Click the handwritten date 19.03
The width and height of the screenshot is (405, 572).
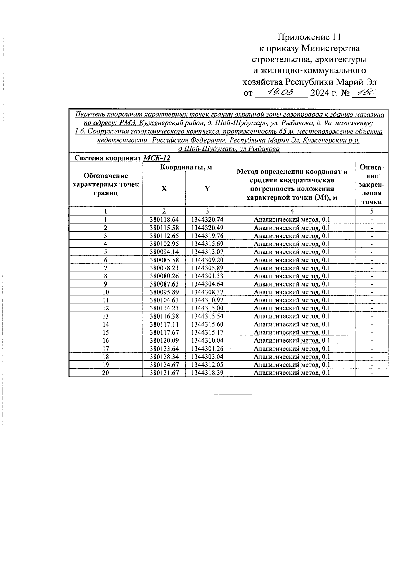[281, 92]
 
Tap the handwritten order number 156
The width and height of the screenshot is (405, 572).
[363, 93]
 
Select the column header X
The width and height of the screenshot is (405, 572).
[164, 189]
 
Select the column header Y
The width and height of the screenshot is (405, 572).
[207, 189]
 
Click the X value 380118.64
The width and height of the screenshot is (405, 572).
[164, 220]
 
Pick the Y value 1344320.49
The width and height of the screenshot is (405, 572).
[207, 228]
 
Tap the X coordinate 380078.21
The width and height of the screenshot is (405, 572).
[164, 268]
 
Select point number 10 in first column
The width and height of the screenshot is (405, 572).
[106, 292]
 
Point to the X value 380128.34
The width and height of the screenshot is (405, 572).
[164, 357]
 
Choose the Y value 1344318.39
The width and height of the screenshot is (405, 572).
[207, 373]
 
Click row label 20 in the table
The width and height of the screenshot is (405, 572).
[106, 373]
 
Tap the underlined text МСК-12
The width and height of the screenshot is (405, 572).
[157, 158]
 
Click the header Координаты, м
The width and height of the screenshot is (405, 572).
[186, 167]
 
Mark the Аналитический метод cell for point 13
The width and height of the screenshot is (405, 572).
[292, 316]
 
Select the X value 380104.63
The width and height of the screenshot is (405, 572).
[164, 300]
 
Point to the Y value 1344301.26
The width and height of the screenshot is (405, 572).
[207, 349]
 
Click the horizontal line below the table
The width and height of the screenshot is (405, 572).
[225, 394]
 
